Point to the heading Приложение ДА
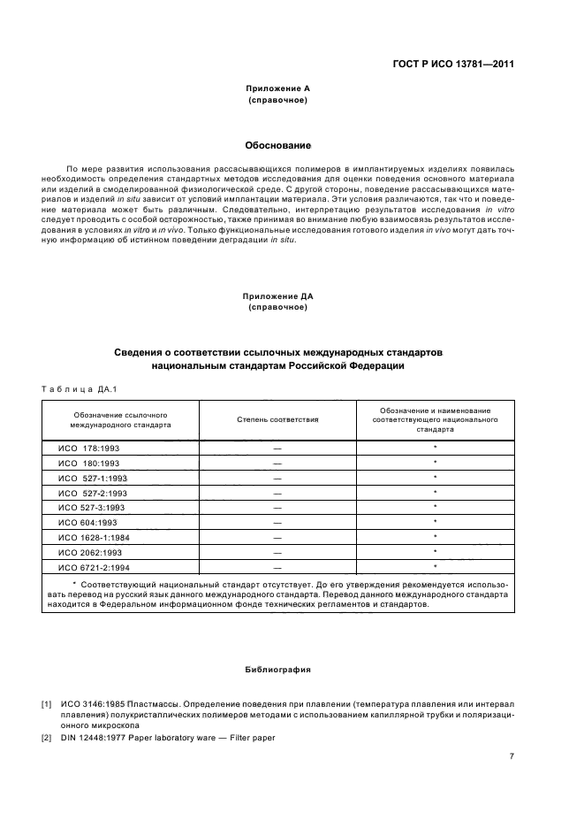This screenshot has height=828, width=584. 277,295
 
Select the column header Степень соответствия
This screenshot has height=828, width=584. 277,419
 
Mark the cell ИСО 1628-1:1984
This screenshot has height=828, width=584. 94,537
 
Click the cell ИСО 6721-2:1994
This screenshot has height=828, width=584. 94,567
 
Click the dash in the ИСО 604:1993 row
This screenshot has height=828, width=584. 277,523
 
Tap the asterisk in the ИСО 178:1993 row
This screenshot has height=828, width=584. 436,448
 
